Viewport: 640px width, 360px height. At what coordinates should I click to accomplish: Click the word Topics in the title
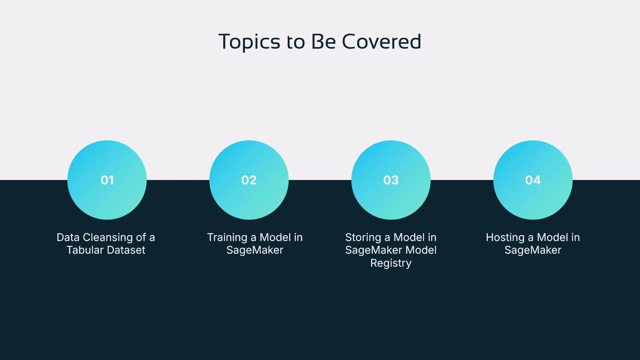point(249,42)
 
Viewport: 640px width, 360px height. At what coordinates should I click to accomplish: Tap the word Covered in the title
point(381,42)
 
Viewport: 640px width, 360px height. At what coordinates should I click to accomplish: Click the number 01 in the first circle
point(107,180)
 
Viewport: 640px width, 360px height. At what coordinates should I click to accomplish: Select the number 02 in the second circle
point(249,180)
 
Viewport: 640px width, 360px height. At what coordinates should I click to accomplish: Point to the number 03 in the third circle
point(391,180)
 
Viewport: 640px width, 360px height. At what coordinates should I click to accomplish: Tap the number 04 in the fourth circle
point(533,180)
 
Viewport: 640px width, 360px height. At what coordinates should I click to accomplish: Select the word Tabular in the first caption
point(85,250)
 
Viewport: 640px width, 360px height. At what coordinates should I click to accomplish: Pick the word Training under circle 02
point(227,237)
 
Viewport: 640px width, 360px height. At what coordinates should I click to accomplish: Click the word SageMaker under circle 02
point(255,250)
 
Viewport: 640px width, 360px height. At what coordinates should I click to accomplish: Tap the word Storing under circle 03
point(363,237)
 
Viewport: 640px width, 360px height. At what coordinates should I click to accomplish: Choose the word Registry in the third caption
point(391,263)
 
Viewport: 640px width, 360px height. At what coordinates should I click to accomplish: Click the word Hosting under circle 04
point(505,237)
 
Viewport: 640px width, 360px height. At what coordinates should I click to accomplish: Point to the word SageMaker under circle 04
point(533,250)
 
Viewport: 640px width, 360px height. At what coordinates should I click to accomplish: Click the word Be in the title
point(323,42)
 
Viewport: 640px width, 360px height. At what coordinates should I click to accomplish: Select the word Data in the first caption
point(68,237)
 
